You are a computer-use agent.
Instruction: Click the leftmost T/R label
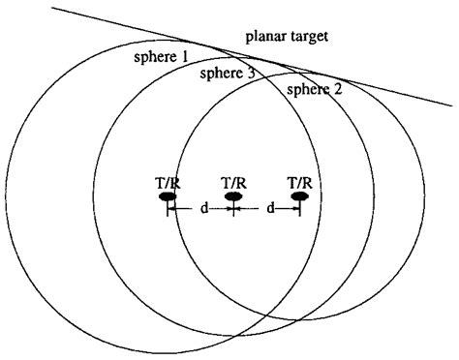click(x=168, y=181)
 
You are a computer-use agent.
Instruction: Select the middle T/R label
click(x=232, y=181)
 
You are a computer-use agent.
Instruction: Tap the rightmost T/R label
click(x=300, y=181)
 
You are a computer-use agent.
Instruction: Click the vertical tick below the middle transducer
click(x=232, y=209)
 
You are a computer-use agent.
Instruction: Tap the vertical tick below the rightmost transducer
click(x=300, y=209)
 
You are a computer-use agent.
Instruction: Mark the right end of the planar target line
click(x=452, y=106)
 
